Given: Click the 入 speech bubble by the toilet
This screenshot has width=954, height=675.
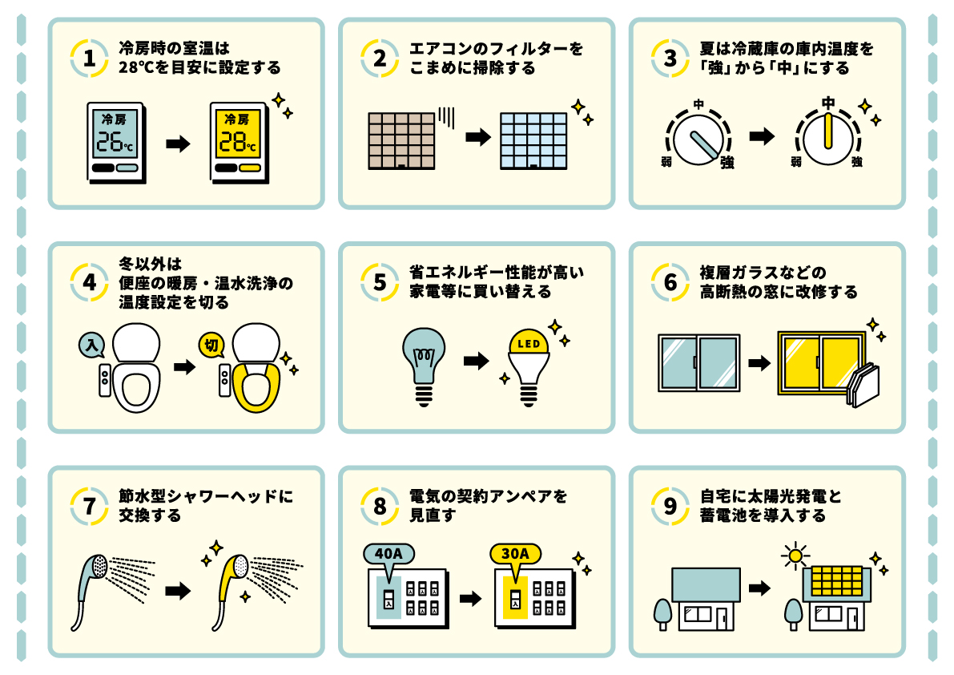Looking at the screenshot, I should point(92,346).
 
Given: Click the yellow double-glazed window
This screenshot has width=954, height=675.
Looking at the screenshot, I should point(820,362).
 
